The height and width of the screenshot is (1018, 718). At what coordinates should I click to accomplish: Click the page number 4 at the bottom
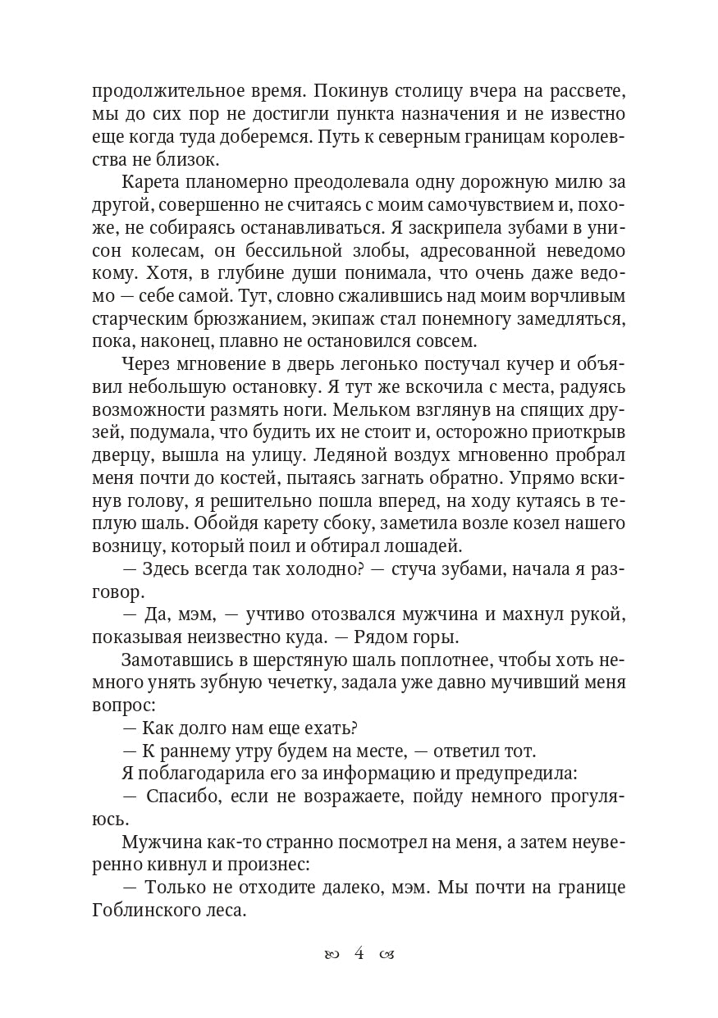(359, 953)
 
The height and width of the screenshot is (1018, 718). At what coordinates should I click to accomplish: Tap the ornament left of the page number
(332, 954)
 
